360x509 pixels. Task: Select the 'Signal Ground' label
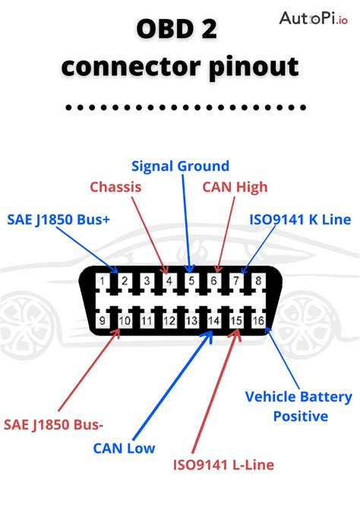pyautogui.click(x=180, y=166)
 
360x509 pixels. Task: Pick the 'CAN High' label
pyautogui.click(x=235, y=187)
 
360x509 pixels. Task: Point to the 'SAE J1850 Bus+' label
pyautogui.click(x=58, y=219)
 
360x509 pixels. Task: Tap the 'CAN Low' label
pyautogui.click(x=124, y=448)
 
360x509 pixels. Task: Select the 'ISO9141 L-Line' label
pyautogui.click(x=223, y=465)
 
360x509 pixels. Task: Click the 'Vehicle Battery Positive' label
pyautogui.click(x=299, y=406)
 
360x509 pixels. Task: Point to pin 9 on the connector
pyautogui.click(x=103, y=321)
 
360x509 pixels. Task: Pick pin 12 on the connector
pyautogui.click(x=169, y=321)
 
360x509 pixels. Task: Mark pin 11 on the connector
pyautogui.click(x=147, y=321)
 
